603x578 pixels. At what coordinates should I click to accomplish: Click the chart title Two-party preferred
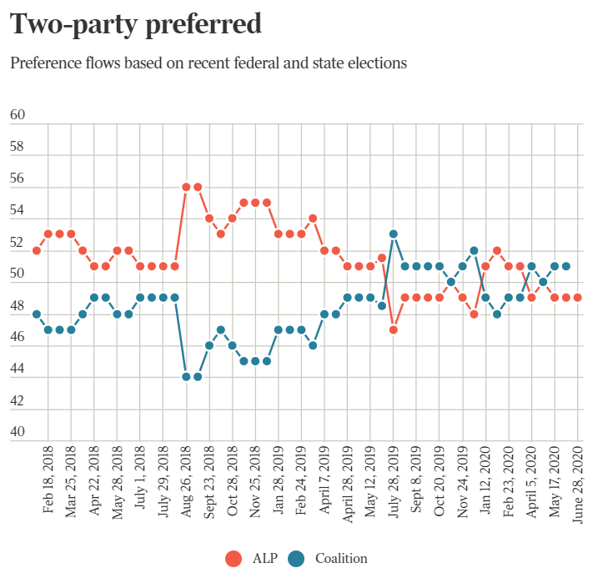135,24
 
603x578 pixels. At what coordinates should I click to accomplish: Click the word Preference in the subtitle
43,63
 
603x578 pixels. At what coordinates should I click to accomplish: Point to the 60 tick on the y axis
18,115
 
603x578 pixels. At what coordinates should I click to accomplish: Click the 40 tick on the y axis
18,432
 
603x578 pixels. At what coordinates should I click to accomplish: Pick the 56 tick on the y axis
18,178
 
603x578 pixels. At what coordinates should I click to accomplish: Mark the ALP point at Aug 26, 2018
187,187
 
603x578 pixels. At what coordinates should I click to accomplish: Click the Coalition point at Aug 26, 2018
187,377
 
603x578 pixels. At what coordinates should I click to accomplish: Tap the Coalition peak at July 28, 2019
393,234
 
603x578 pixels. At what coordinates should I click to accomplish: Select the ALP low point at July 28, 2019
393,329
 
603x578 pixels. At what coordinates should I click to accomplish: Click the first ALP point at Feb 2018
37,250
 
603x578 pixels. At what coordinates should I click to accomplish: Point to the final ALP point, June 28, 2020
577,298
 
